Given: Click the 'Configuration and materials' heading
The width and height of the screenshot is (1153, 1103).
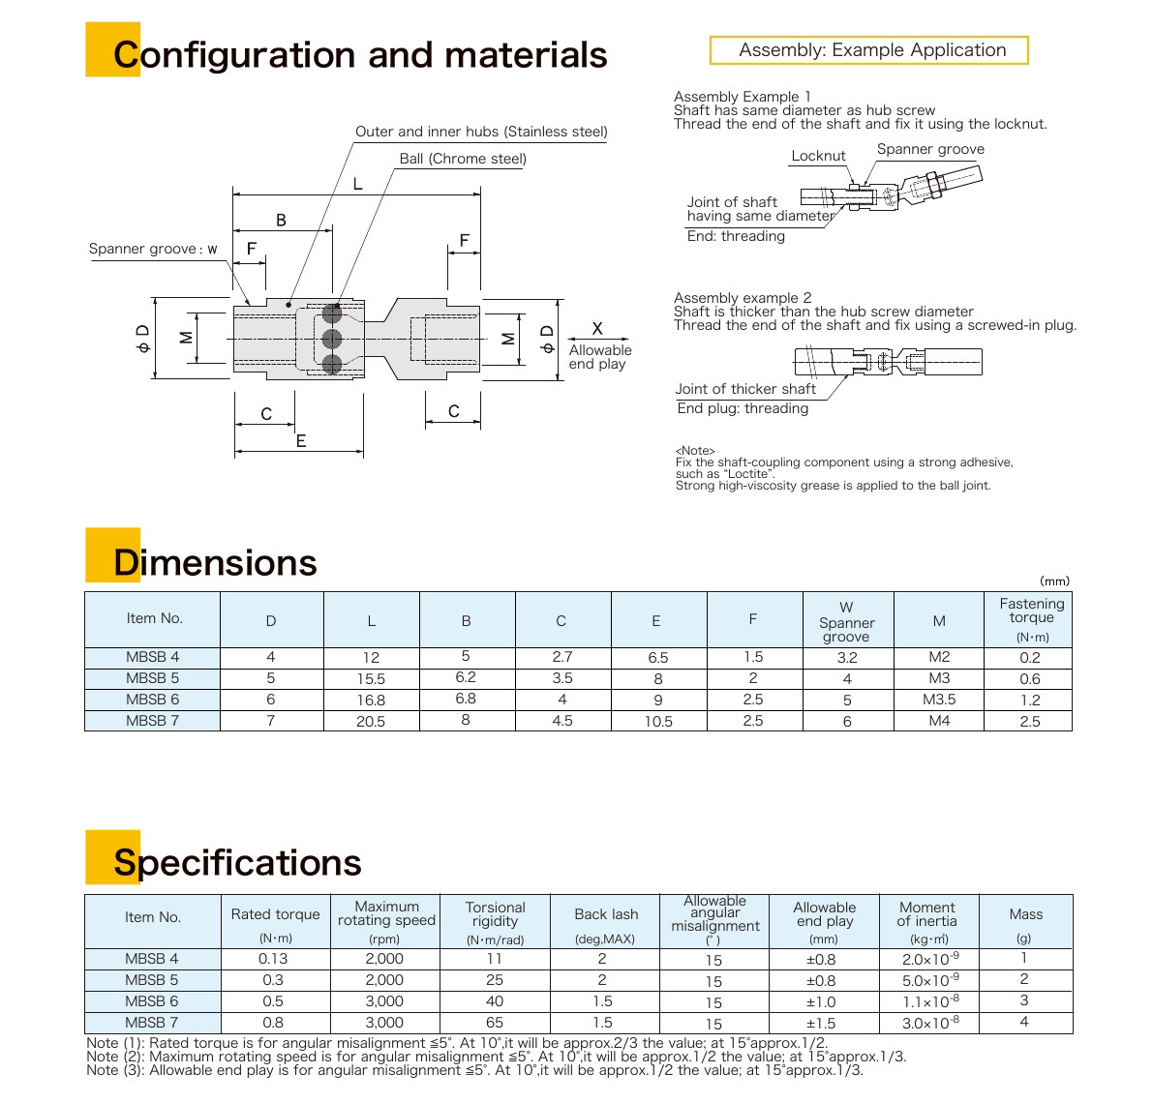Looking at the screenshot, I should [x=359, y=55].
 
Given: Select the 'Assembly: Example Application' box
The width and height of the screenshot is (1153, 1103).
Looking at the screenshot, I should [x=868, y=50].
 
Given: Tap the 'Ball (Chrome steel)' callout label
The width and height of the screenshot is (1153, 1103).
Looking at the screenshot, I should [x=463, y=159].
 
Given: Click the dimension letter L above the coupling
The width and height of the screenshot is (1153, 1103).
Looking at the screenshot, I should [x=357, y=184].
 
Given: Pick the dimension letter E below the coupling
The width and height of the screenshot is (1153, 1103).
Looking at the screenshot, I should [x=301, y=441].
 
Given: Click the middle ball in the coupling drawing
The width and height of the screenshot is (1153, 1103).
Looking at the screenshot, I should [x=332, y=339].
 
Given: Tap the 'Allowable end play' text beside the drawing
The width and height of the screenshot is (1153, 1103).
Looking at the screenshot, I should [x=599, y=357].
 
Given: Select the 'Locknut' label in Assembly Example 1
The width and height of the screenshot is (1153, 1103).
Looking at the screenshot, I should [x=818, y=156].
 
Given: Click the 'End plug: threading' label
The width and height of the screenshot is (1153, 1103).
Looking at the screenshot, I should [x=743, y=408].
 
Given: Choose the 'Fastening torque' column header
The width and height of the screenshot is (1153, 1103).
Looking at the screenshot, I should [x=1030, y=618].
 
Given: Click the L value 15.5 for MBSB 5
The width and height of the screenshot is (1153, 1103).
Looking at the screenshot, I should [x=371, y=679].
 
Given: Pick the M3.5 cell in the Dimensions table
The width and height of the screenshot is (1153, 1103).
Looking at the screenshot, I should [x=938, y=700].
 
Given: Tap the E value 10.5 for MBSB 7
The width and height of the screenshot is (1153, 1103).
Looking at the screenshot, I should [x=657, y=722].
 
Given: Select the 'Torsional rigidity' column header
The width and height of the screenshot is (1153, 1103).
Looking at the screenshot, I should [x=495, y=915].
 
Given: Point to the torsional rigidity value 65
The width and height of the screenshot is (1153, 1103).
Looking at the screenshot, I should [x=495, y=1023].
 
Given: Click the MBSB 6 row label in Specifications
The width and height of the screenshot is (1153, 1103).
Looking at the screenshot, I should [x=152, y=1001].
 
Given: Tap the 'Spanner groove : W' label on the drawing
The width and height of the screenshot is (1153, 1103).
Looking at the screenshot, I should [x=153, y=250].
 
